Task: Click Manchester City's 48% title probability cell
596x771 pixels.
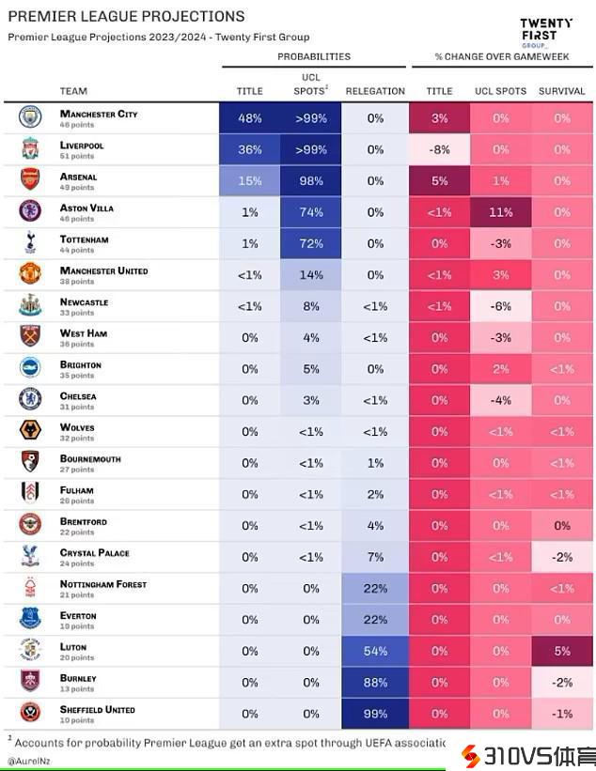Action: pyautogui.click(x=249, y=118)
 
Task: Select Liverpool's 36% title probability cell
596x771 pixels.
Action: pyautogui.click(x=249, y=149)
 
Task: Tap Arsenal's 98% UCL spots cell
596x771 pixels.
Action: pyautogui.click(x=311, y=181)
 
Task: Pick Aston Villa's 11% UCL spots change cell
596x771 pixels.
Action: pyautogui.click(x=500, y=212)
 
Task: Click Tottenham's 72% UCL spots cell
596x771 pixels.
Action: pyautogui.click(x=311, y=243)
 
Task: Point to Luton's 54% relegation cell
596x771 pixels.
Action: pyautogui.click(x=375, y=651)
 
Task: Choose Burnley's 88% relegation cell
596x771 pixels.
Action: pyautogui.click(x=375, y=682)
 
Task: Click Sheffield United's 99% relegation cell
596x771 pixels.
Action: pyautogui.click(x=375, y=714)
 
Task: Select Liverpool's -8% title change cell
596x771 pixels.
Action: pyautogui.click(x=439, y=149)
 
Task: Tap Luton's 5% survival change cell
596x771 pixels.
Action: pyautogui.click(x=562, y=651)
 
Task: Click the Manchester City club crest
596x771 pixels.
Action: pyautogui.click(x=30, y=117)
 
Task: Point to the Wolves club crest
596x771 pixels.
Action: pyautogui.click(x=30, y=431)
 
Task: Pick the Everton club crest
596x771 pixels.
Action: pyautogui.click(x=30, y=619)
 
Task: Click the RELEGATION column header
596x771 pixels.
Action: pyautogui.click(x=375, y=91)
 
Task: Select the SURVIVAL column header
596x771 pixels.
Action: pyautogui.click(x=562, y=91)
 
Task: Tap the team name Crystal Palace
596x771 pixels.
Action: pyautogui.click(x=94, y=553)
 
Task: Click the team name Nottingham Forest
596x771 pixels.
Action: pyautogui.click(x=102, y=584)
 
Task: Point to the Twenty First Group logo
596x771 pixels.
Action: pyautogui.click(x=546, y=33)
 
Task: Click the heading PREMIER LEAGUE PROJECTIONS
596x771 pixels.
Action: pyautogui.click(x=126, y=16)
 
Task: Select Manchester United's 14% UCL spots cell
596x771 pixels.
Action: pyautogui.click(x=311, y=275)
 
